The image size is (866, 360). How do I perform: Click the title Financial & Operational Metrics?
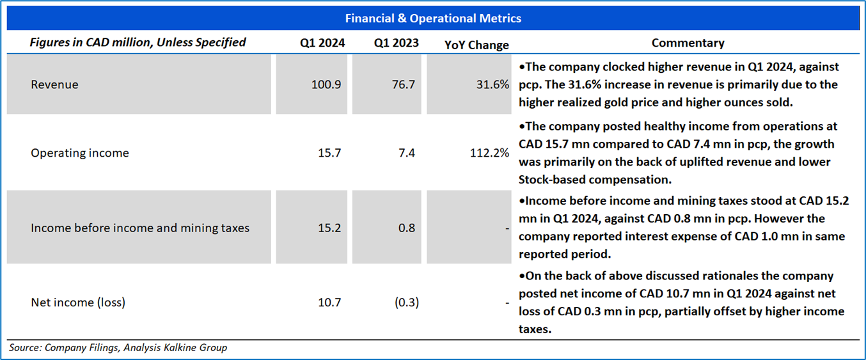coord(433,18)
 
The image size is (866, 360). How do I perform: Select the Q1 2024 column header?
coord(322,43)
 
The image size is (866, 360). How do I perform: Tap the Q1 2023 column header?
coord(397,43)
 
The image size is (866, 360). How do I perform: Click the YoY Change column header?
coord(476,45)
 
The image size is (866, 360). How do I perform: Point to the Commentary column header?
coord(688,43)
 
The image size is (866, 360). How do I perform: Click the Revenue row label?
coord(54,84)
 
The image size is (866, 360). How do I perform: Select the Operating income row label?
coord(80,153)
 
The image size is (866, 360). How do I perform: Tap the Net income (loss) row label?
coord(78,302)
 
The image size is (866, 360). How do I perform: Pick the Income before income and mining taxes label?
coord(140,228)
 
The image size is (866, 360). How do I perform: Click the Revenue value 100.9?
coord(326,84)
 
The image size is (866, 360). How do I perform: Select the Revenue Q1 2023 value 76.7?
coord(403,84)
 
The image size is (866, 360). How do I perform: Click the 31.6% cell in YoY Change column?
coord(492,84)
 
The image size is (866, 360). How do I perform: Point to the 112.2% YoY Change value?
coord(489,153)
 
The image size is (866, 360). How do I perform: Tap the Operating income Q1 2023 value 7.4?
coord(407,153)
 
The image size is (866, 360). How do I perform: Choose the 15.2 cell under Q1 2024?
coord(329,228)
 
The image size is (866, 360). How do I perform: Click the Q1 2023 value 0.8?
coord(407,228)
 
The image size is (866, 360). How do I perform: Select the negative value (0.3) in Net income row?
coord(407,302)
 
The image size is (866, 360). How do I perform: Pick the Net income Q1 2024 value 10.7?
coord(329,302)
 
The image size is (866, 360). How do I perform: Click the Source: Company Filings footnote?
coord(118,348)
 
